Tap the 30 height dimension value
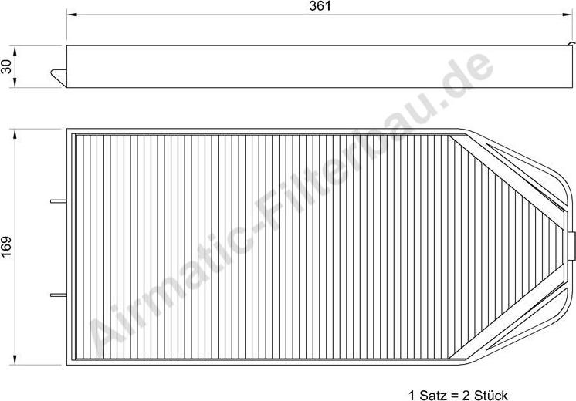click(8, 67)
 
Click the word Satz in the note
click(437, 394)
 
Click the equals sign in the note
click(456, 394)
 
